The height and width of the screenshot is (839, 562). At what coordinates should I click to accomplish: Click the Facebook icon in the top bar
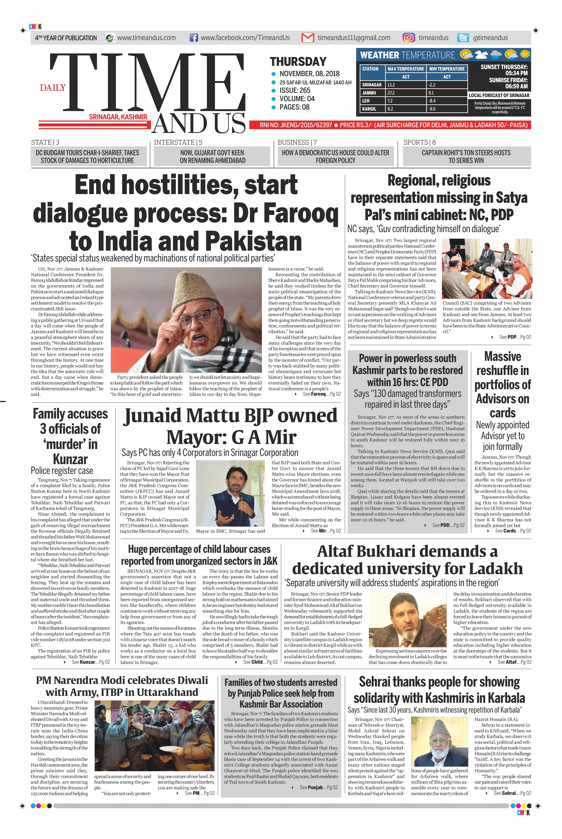click(194, 38)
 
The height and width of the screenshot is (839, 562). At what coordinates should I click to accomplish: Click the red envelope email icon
click(308, 38)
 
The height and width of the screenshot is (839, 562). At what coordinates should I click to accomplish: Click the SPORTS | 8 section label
click(419, 142)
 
